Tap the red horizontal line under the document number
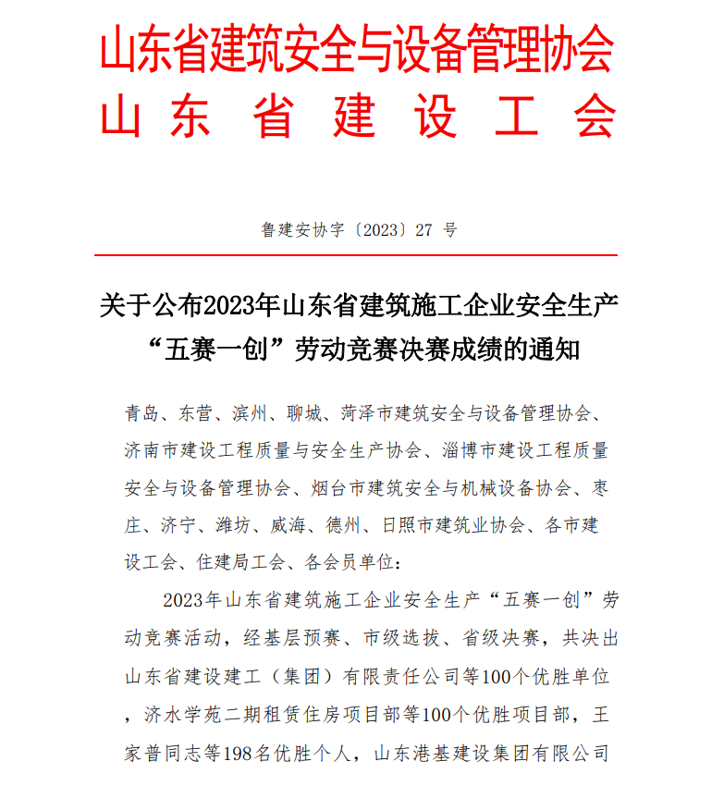pos(356,255)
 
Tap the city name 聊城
pos(295,412)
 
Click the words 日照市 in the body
pos(408,525)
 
